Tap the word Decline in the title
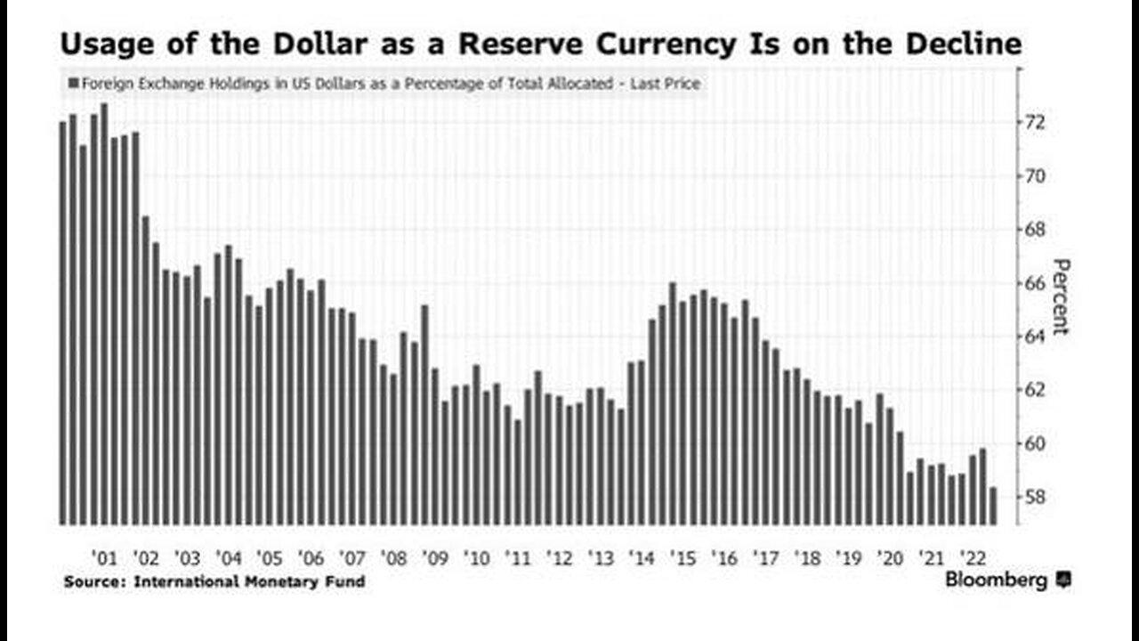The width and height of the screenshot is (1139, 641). (965, 44)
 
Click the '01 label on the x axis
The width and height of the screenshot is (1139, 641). (104, 558)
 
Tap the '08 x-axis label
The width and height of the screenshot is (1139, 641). (393, 558)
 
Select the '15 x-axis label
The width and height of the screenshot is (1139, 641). (683, 558)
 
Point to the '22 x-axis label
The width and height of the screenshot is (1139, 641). (973, 558)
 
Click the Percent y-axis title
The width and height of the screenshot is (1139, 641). (1060, 296)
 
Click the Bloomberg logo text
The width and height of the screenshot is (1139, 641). (996, 580)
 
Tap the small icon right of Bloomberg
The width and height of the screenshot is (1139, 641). (1062, 580)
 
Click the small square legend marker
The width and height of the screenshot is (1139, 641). (72, 85)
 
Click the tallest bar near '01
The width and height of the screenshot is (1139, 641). (104, 312)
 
